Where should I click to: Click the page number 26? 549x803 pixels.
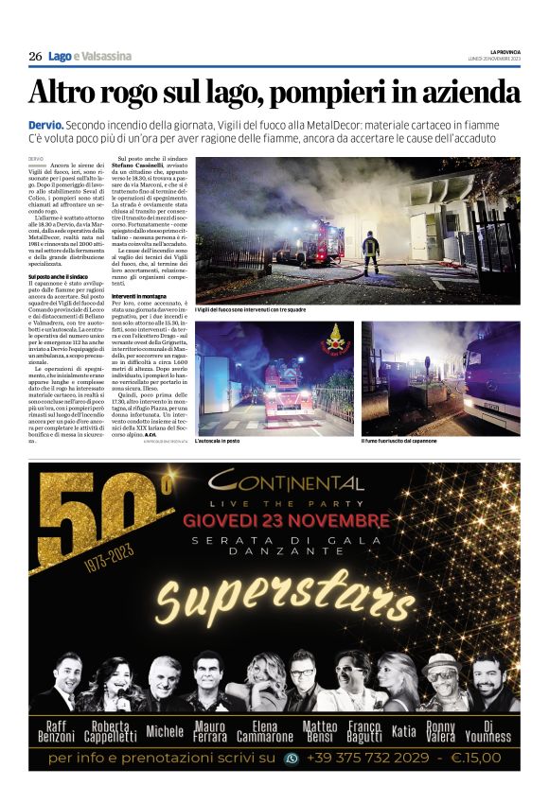35,57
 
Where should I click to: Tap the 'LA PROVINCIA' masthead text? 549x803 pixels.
505,51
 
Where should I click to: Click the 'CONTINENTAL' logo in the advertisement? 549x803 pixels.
289,482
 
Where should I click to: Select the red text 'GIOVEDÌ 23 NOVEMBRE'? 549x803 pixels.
286,521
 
